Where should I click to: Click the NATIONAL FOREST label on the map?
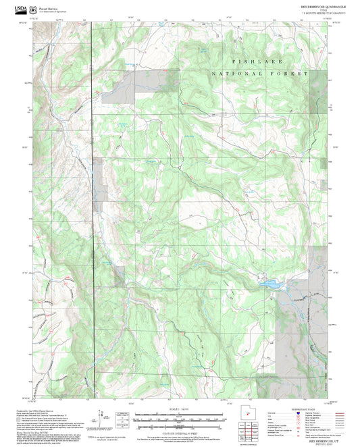[259, 73]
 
